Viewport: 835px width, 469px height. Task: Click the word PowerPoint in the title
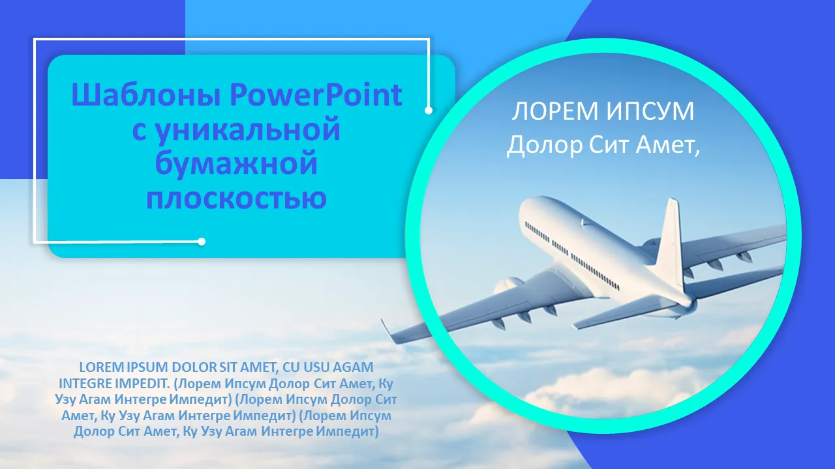[316, 95]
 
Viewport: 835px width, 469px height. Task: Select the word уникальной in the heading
[248, 130]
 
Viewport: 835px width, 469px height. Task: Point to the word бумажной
[236, 163]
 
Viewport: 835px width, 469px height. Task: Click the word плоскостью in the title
[236, 197]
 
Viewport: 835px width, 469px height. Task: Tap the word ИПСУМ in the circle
[650, 111]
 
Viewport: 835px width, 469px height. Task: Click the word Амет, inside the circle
[667, 145]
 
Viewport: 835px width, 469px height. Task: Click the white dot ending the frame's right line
[429, 110]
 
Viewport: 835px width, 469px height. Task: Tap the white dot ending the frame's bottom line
[202, 242]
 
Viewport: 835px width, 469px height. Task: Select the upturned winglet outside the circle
[387, 330]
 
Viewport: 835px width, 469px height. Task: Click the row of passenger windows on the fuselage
[572, 255]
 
